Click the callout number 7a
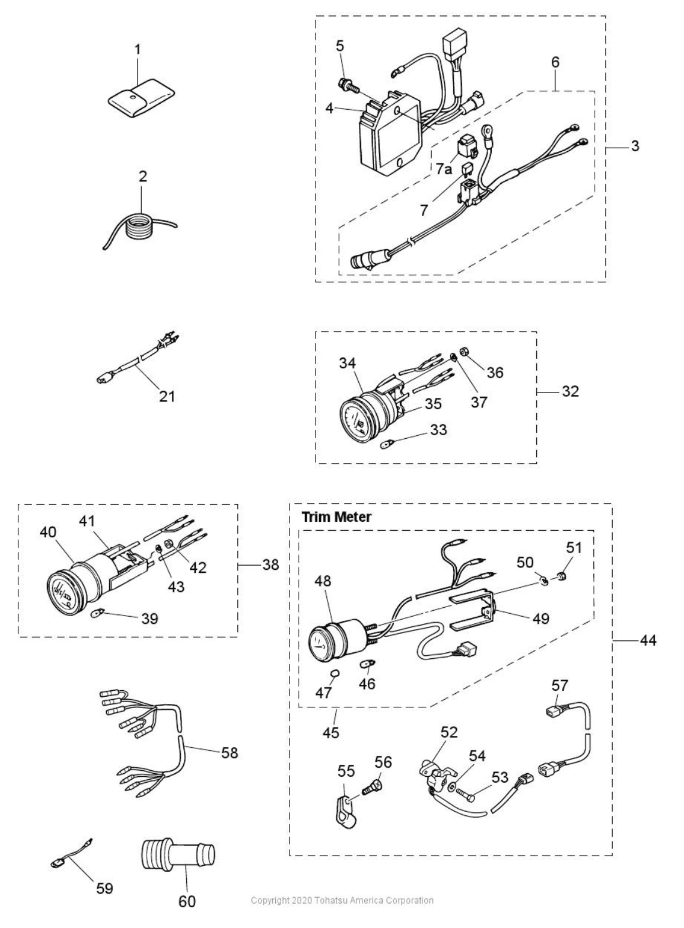(x=444, y=170)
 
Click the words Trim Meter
(x=336, y=516)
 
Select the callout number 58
(x=229, y=752)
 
